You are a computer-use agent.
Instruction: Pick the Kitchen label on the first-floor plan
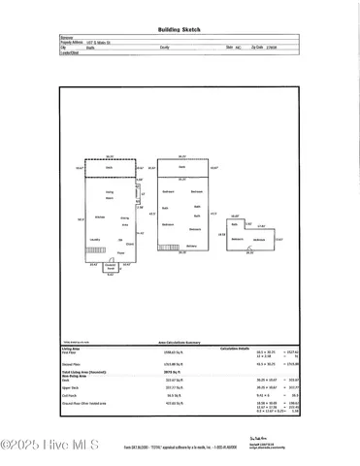tap(98, 216)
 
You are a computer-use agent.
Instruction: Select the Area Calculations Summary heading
tap(180, 343)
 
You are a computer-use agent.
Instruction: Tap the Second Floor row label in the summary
tap(74, 364)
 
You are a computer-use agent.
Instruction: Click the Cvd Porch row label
tap(69, 395)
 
